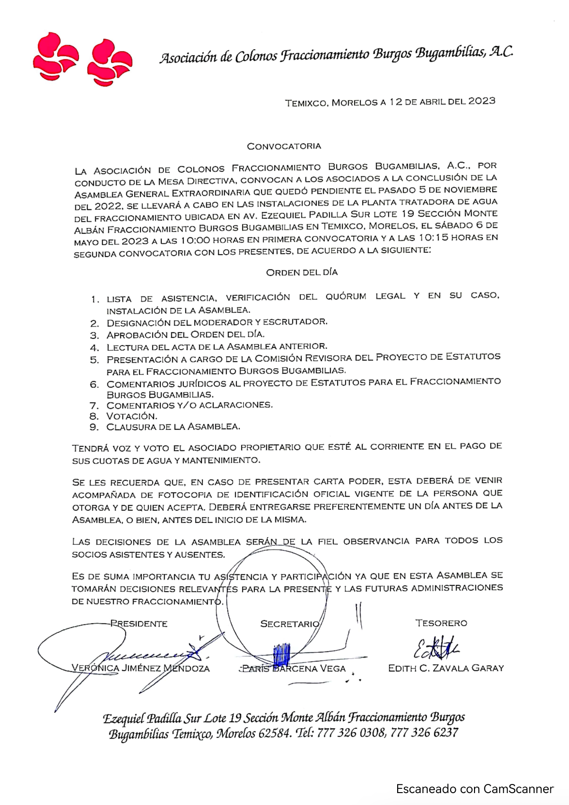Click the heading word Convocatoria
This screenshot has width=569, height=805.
pos(284,146)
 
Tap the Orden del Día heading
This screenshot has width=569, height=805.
pos(302,272)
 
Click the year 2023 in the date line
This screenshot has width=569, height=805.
pos(482,101)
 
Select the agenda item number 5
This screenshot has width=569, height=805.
pos(95,360)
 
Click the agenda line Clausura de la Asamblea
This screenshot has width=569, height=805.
pos(173,427)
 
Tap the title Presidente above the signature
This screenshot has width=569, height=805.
pos(139,624)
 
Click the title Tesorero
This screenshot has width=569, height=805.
pos(441,623)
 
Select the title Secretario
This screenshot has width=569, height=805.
pos(289,624)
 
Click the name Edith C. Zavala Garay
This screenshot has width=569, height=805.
pos(446,668)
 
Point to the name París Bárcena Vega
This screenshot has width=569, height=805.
pos(293,668)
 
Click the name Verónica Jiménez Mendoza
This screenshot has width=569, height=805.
pos(140,668)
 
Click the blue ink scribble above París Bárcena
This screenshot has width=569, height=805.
pos(281,653)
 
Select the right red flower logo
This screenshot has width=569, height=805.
pos(109,63)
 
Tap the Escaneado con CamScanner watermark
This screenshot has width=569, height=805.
pos(474,789)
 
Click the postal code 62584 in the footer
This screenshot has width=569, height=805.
pos(274,733)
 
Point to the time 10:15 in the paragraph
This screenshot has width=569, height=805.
pos(433,238)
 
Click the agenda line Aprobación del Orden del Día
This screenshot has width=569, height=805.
pos(185,335)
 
